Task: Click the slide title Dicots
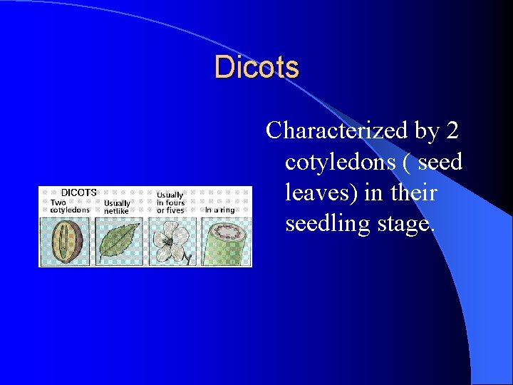tap(256, 68)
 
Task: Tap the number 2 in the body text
tap(452, 131)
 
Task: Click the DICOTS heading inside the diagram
tap(78, 192)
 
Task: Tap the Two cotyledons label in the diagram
tap(69, 206)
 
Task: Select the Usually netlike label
tap(118, 207)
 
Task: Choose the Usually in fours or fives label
tap(170, 202)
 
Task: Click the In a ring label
tap(219, 210)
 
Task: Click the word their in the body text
tap(413, 193)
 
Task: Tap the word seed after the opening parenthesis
tap(440, 163)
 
